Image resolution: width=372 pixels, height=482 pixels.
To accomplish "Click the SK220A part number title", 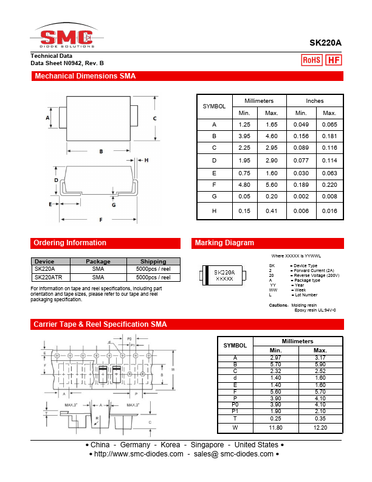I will click(325, 43).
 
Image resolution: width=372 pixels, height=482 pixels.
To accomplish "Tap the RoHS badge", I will click(312, 60).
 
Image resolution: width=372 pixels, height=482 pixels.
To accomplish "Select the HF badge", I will click(334, 60).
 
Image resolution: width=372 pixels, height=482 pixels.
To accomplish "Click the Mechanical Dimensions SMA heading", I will click(85, 77).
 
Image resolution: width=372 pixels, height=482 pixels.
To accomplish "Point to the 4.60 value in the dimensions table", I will click(272, 136).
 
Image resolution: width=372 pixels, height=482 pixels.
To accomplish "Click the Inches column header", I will click(315, 101).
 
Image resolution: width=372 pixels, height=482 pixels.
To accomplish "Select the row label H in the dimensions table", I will click(214, 211).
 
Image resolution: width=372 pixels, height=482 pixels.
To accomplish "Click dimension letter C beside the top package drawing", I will click(155, 118).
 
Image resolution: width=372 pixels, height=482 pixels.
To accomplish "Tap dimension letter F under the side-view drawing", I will click(101, 219).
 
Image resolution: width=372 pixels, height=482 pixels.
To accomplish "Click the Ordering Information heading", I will click(70, 243).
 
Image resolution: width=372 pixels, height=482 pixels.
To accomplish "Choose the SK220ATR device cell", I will click(49, 276).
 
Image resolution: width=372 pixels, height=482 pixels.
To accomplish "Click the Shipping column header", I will click(153, 262).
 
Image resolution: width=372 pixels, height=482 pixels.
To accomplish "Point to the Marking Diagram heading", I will click(224, 243).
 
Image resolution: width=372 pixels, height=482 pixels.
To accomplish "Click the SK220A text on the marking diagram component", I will click(224, 272).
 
